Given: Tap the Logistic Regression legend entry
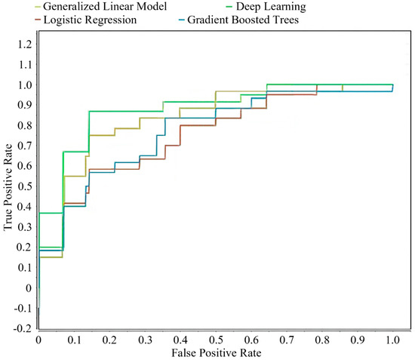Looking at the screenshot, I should pos(90,20).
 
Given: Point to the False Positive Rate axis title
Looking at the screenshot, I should pos(216,353).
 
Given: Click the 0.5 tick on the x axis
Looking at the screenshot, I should pos(216,340).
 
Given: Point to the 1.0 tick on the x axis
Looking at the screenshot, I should pos(392,340).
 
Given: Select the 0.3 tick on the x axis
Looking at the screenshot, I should pos(145,340).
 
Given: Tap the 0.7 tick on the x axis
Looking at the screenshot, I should pos(287,340).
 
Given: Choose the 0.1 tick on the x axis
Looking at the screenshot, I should pos(74,340).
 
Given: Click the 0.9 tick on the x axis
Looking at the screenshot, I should pos(357,340).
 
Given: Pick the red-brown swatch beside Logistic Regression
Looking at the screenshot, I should pos(40,20).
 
